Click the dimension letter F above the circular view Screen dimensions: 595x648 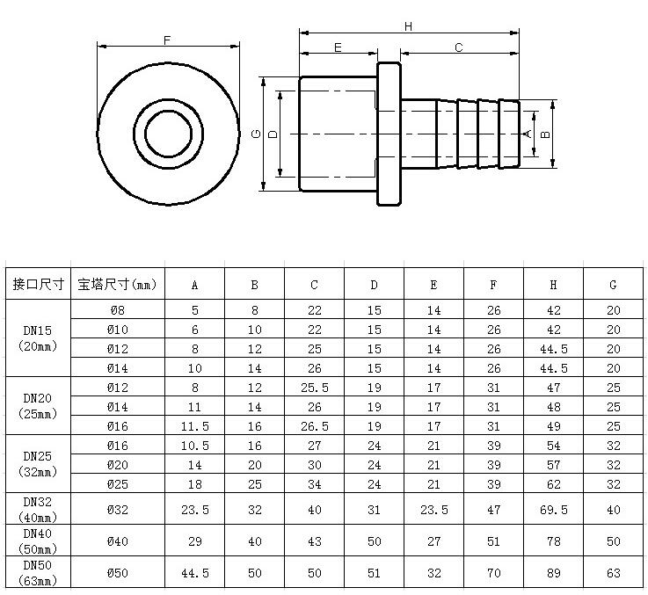click(167, 40)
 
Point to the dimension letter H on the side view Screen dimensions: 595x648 click(408, 26)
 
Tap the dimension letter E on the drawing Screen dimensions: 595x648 click(338, 48)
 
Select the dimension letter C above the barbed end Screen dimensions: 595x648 click(458, 48)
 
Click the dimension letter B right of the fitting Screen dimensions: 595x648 click(545, 134)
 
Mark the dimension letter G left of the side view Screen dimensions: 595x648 click(255, 134)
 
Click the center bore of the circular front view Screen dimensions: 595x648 click(167, 134)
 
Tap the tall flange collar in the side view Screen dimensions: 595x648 click(389, 134)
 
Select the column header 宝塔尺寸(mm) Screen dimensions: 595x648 click(117, 284)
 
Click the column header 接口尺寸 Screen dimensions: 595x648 click(39, 284)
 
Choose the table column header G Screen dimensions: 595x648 click(613, 284)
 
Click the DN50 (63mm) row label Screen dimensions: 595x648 click(39, 572)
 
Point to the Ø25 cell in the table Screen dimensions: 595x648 click(117, 483)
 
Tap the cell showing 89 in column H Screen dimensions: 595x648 click(553, 573)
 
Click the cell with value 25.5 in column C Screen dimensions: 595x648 click(314, 387)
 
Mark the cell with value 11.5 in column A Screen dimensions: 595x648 click(194, 425)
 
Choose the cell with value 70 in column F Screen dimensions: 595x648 click(493, 573)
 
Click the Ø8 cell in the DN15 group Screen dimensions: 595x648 click(117, 309)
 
